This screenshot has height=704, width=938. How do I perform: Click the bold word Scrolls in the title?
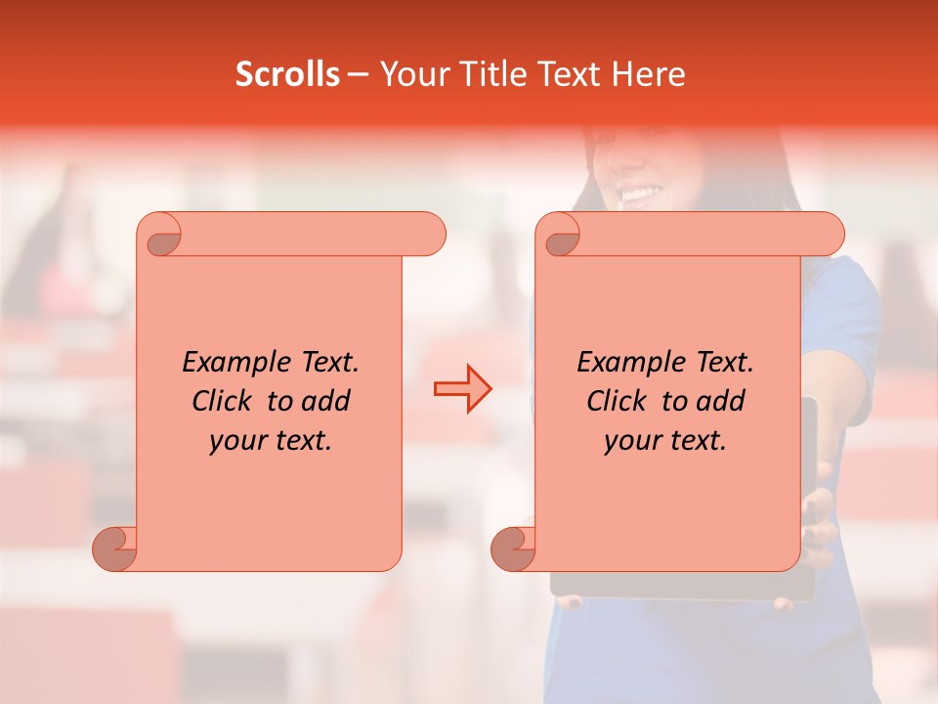pyautogui.click(x=287, y=74)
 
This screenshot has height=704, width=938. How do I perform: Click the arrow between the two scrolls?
pyautogui.click(x=462, y=389)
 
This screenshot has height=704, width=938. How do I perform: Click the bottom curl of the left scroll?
pyautogui.click(x=115, y=548)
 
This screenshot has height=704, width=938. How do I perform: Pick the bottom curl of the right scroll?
pyautogui.click(x=514, y=548)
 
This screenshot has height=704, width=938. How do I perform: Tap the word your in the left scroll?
pyautogui.click(x=238, y=441)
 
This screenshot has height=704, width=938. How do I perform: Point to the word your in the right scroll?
pyautogui.click(x=633, y=441)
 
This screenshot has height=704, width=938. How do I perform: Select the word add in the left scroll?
pyautogui.click(x=325, y=402)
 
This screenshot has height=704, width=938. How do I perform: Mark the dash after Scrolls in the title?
pyautogui.click(x=358, y=74)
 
